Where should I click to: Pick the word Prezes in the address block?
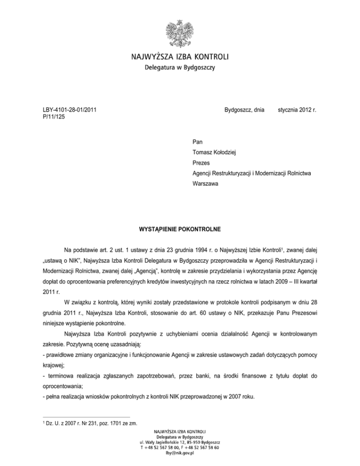pyautogui.click(x=202, y=163)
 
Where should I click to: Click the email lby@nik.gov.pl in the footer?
pyautogui.click(x=180, y=453)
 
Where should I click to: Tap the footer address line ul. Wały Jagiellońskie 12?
pyautogui.click(x=180, y=442)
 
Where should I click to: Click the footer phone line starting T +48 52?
pyautogui.click(x=180, y=448)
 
